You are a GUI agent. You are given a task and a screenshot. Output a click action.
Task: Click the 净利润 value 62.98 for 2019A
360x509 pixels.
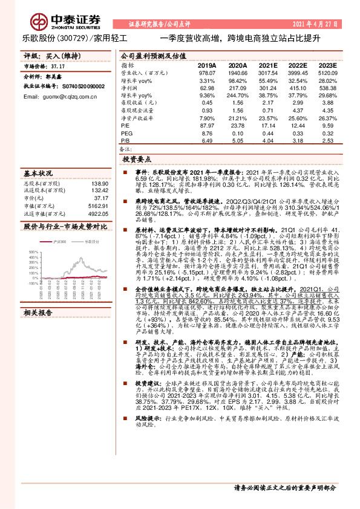pos(206,88)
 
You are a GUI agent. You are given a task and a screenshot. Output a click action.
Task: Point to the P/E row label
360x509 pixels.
pos(126,125)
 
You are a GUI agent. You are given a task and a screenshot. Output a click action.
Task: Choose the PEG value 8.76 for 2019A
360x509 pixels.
pos(207,132)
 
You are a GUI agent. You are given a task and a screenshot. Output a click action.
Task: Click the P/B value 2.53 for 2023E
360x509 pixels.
pos(327,140)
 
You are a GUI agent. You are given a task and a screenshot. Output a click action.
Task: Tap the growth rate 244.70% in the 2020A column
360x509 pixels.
pos(235,96)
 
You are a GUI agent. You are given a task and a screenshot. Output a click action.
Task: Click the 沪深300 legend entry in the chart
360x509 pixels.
pos(60,242)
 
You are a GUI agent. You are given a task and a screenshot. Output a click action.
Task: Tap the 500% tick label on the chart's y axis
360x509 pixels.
pos(34,251)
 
